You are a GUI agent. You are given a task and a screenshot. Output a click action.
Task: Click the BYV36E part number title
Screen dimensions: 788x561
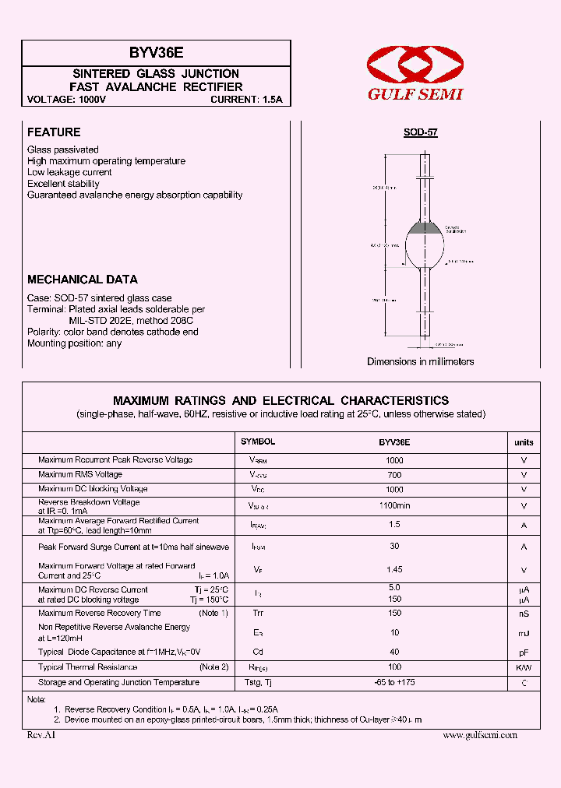[156, 54]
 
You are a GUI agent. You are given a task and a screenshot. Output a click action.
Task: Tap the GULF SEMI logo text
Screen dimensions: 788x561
[415, 94]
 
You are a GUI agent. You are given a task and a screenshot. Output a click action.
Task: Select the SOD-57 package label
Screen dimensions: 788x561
[420, 133]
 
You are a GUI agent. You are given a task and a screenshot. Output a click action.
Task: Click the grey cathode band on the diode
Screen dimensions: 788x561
[425, 229]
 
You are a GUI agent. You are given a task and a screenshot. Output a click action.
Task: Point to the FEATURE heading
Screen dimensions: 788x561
[54, 132]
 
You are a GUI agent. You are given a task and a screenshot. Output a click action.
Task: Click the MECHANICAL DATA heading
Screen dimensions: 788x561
[83, 280]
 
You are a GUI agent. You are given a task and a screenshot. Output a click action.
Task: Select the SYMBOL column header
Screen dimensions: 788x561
[258, 441]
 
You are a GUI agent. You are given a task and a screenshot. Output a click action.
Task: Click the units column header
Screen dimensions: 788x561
[524, 442]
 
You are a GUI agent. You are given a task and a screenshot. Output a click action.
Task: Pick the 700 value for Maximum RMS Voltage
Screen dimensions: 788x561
[394, 474]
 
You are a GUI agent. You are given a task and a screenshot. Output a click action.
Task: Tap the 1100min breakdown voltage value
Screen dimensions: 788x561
[394, 505]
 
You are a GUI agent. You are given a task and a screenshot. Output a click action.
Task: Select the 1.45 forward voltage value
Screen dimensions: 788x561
[394, 570]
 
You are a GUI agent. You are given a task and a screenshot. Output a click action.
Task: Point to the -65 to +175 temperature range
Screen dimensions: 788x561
[394, 683]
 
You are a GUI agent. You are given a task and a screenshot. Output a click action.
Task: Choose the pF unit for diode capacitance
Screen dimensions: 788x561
[524, 652]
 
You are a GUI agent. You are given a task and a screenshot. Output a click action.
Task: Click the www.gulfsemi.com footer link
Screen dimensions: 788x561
[479, 735]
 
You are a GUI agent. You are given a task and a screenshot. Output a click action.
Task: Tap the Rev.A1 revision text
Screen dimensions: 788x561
[41, 735]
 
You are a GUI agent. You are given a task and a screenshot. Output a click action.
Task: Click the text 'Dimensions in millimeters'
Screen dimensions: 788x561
[420, 362]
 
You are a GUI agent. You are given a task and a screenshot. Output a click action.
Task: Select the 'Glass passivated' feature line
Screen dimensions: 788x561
[63, 150]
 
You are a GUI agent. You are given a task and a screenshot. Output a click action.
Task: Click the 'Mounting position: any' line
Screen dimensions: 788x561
[74, 343]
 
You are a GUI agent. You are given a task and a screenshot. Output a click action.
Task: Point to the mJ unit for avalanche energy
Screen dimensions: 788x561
[524, 632]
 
